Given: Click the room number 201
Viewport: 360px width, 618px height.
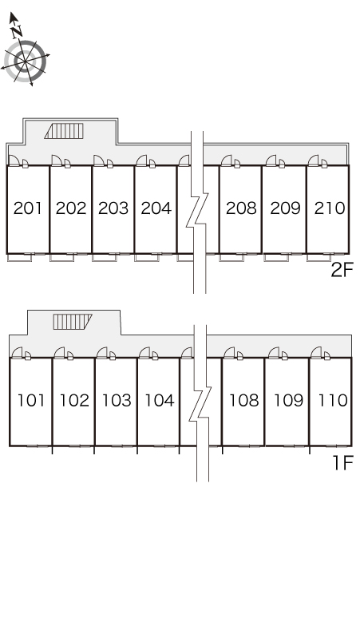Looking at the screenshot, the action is click(x=28, y=208).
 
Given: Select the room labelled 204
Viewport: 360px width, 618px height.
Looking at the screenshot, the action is click(x=156, y=208).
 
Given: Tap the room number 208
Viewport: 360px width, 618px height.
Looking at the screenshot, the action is click(x=241, y=208).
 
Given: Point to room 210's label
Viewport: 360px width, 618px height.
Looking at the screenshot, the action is click(x=330, y=208).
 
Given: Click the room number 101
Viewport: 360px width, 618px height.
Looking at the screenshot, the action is click(x=31, y=401).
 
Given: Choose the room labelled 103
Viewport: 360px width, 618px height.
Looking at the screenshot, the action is click(x=117, y=401).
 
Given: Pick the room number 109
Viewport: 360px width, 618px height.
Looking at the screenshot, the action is click(x=288, y=401).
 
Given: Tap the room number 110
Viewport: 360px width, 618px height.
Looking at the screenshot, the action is click(x=333, y=401).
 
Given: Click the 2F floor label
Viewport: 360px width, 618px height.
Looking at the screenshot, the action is click(x=342, y=271).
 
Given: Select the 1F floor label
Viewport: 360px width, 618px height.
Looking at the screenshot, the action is click(x=343, y=463).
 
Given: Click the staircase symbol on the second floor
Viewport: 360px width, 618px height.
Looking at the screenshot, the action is click(x=64, y=131).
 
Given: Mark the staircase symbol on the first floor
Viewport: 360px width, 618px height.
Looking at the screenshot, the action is click(x=73, y=322).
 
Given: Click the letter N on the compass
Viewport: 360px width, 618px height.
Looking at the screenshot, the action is click(x=17, y=31).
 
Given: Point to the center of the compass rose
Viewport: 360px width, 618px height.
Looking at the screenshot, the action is click(x=26, y=61).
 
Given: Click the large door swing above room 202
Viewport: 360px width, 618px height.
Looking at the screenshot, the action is click(x=57, y=160).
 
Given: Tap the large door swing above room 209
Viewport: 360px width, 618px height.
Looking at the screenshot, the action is click(x=271, y=160).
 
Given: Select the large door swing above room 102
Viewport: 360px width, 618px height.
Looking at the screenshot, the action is click(x=60, y=352).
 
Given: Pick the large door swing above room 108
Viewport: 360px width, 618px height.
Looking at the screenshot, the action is click(x=229, y=352).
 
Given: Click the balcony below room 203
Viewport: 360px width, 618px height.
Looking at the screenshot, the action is click(x=105, y=258).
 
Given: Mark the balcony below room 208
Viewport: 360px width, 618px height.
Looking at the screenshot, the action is click(x=231, y=258).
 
